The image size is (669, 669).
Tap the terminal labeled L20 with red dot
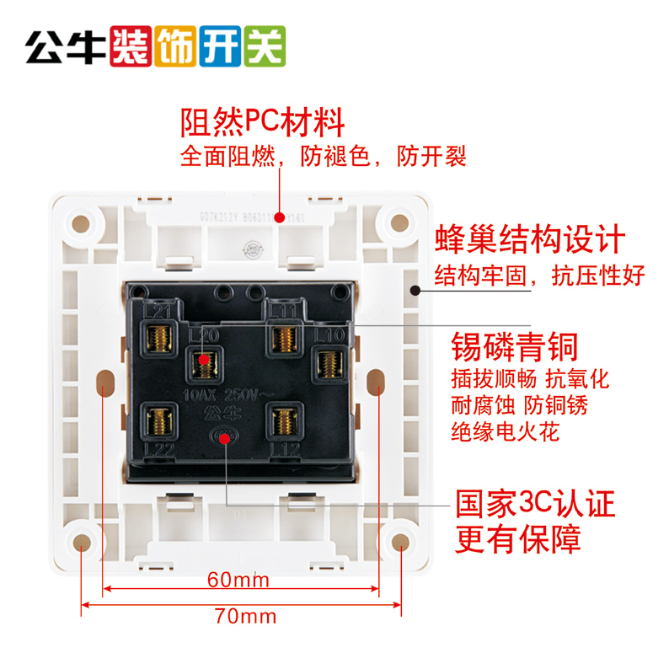pos(203,362)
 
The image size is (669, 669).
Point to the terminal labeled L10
pos(326,364)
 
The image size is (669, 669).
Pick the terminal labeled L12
pos(280,418)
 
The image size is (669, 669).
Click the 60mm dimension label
pos(238,580)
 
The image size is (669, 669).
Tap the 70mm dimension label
pos(244,616)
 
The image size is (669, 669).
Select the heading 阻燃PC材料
pos(263,123)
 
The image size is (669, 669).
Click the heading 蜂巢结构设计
pos(529,239)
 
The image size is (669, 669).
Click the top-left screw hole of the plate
pos(82,225)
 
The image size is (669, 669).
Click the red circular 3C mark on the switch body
pos(224,438)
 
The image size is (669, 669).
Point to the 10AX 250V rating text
pos(215,395)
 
